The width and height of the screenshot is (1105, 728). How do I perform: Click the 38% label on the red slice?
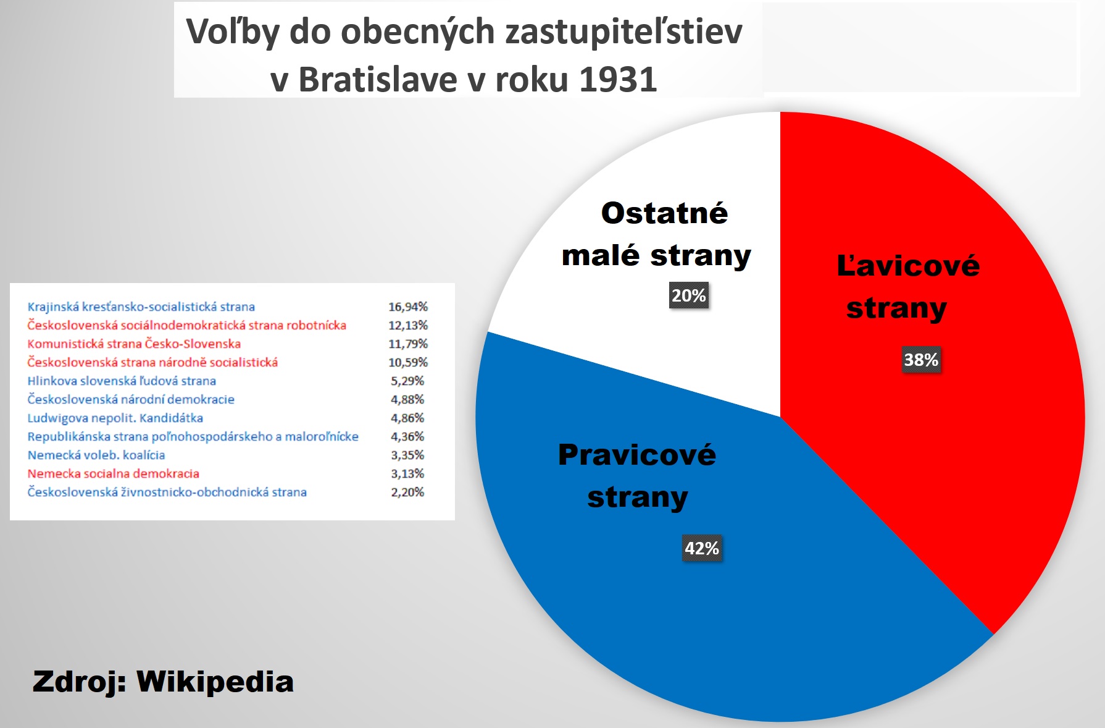921,360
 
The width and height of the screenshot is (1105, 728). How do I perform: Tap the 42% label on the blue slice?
702,548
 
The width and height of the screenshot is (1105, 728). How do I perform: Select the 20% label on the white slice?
689,295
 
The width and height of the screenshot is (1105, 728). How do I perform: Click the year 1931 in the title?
618,79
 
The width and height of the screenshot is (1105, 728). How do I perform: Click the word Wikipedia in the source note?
215,682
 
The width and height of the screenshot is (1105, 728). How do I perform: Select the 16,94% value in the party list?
408,307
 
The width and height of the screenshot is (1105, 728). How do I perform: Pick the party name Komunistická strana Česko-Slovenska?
134,344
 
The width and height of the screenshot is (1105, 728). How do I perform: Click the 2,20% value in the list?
407,492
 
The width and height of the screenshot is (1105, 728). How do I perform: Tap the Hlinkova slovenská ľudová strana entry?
122,381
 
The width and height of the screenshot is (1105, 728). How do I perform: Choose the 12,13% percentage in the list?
408,325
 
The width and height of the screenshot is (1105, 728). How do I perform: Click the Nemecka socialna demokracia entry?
114,473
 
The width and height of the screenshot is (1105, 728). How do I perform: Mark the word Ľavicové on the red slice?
908,265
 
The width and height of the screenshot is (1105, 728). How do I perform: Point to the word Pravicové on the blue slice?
637,455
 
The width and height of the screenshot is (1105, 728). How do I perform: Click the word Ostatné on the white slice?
665,213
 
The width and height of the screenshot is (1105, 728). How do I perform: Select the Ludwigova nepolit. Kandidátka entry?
115,418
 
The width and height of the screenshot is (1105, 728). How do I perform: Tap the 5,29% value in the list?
407,381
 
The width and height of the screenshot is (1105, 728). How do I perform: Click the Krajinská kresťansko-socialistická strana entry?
141,307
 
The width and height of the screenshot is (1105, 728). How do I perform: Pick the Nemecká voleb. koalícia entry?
96,455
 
